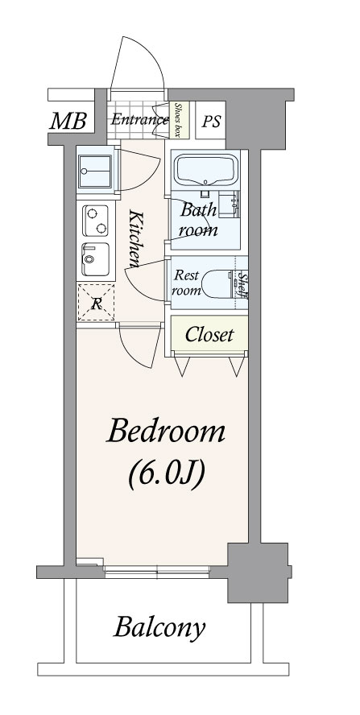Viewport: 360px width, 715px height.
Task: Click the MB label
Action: (68, 122)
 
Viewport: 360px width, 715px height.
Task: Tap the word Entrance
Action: (139, 120)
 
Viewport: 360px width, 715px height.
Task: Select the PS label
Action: (211, 122)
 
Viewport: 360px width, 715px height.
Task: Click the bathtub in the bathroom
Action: (207, 169)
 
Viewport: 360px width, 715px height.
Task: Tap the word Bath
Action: (198, 210)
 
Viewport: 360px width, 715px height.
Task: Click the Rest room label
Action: (186, 283)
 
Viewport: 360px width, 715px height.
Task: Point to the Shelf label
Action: (244, 287)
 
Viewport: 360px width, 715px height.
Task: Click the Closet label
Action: (209, 335)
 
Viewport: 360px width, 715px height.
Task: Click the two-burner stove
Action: (95, 221)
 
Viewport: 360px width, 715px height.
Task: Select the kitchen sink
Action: (95, 259)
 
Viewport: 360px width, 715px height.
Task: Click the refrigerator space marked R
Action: (96, 302)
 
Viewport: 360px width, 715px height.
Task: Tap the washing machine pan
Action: (95, 172)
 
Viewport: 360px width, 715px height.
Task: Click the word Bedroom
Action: (166, 432)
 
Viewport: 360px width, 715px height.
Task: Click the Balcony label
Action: (159, 628)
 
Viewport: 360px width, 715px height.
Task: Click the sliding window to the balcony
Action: (157, 572)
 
